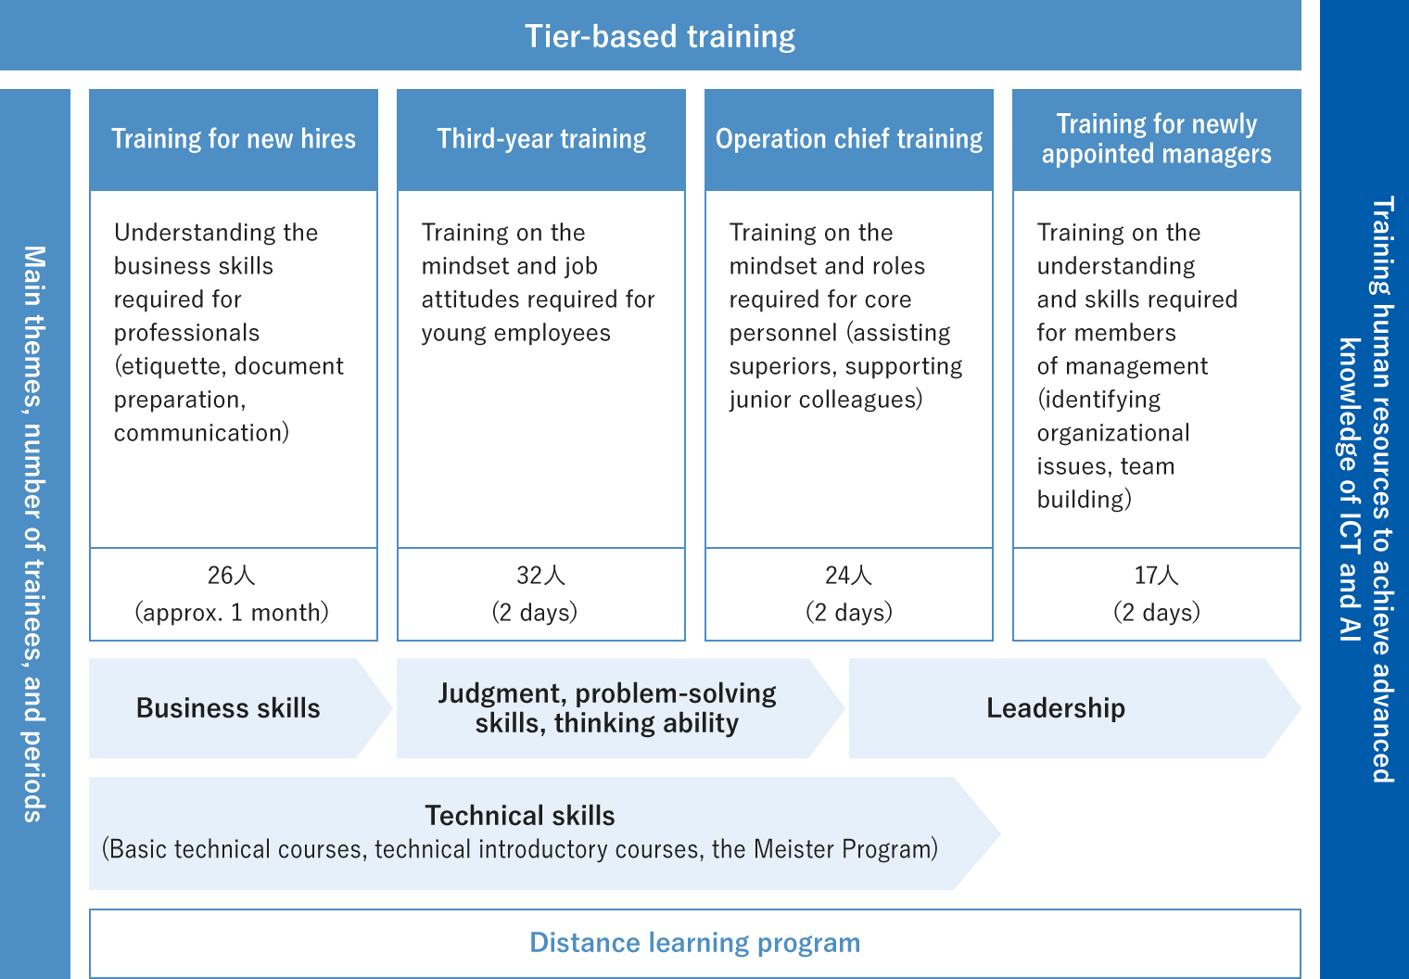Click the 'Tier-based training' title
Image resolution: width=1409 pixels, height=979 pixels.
point(660,36)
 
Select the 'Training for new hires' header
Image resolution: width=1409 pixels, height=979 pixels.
point(234,138)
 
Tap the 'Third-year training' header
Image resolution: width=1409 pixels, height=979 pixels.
point(541,138)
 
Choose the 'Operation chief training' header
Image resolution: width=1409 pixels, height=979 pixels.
point(848,138)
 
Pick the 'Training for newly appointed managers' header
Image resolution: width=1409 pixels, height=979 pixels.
point(1156,138)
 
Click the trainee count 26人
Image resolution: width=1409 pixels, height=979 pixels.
point(232,575)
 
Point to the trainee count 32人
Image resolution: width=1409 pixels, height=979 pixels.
point(541,575)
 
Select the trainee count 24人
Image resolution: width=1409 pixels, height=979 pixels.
point(848,575)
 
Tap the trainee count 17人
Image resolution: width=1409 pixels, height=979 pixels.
point(1156,575)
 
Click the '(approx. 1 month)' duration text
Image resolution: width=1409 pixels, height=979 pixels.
point(232,612)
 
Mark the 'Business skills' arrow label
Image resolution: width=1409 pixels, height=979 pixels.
point(228,708)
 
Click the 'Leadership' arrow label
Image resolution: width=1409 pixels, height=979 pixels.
point(1056,708)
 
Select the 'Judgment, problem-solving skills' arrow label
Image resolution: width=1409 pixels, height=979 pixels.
point(607,708)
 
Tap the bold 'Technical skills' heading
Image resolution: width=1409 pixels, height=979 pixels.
point(519,816)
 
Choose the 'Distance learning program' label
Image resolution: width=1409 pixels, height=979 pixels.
point(694,943)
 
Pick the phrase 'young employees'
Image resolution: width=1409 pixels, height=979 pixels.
point(515,333)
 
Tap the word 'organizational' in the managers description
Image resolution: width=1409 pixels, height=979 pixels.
point(1113,433)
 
